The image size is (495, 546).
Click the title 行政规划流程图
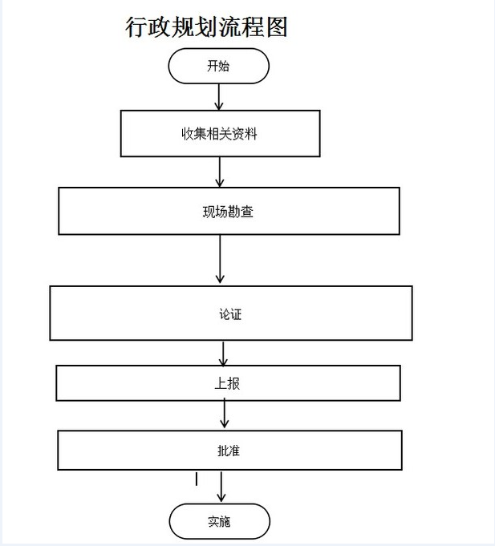(206, 26)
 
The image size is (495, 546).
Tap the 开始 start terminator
(219, 66)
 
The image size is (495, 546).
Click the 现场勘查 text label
(228, 212)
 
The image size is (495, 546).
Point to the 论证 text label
(230, 314)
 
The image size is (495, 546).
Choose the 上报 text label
(227, 383)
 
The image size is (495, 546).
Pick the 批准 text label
(229, 451)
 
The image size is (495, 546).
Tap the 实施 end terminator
(220, 521)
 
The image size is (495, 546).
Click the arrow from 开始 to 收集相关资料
(219, 97)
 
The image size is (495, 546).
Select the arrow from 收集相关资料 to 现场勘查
(220, 172)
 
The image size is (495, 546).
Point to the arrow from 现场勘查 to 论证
(220, 259)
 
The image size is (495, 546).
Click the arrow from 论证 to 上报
(223, 354)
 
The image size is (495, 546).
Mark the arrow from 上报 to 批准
(225, 414)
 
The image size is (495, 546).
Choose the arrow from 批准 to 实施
(221, 487)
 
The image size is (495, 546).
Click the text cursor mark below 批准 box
(197, 479)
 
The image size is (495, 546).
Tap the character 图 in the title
(277, 26)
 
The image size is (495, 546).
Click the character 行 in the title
(136, 26)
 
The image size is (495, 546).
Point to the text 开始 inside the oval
(218, 66)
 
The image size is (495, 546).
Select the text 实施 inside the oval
(219, 522)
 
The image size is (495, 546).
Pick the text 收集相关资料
(219, 134)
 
